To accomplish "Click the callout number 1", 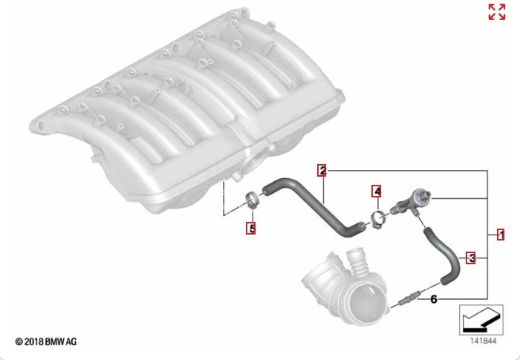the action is pos(501,235).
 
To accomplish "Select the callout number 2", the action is pos(322,171).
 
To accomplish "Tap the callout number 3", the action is pos(471,258).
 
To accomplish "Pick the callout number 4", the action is pos(377,192).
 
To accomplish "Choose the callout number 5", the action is pos(251,228).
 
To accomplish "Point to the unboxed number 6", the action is pos(433,299).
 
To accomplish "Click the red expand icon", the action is pos(497,13).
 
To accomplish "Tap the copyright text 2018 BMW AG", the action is pos(46,341).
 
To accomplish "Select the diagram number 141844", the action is pos(484,341).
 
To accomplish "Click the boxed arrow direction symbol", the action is pos(481,320).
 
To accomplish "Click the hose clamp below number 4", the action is pos(377,219).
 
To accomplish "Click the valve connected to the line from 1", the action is pos(412,202).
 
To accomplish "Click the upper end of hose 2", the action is pos(265,190).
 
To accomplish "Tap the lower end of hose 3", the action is pos(443,281).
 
